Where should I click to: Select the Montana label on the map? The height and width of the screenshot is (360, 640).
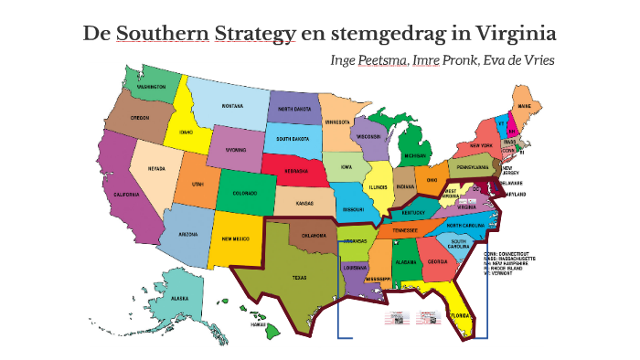coord(232,106)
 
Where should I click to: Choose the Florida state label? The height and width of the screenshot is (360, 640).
coord(459,316)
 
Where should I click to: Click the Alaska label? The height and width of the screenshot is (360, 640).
coord(180,299)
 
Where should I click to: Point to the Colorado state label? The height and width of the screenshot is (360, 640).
coord(244,193)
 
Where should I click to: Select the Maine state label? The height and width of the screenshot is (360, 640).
coord(524,106)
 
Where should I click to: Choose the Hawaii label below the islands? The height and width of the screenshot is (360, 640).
coord(259,323)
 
